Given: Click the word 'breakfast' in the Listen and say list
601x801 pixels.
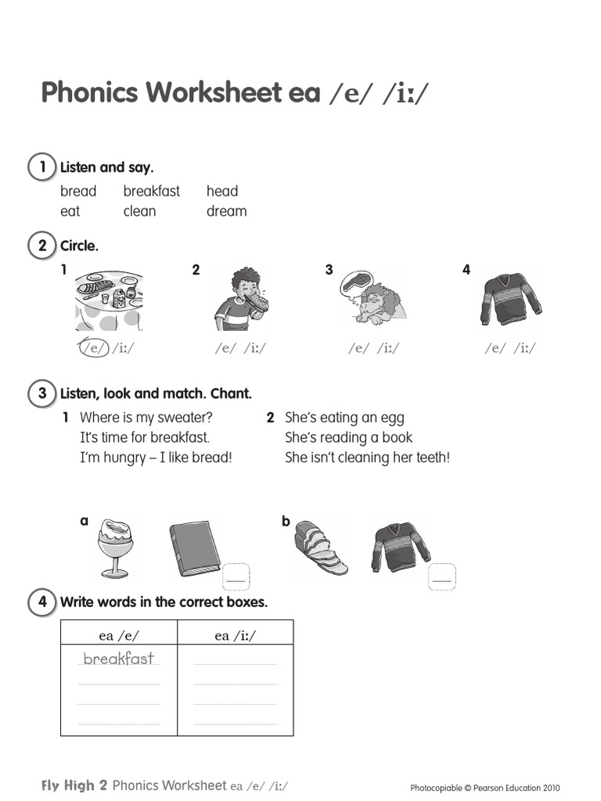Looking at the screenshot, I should click(x=151, y=191).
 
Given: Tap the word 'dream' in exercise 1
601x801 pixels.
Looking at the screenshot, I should click(x=226, y=211).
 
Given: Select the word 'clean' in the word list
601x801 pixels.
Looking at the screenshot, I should click(x=139, y=211).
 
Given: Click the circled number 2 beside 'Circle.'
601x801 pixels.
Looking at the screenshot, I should click(x=41, y=246).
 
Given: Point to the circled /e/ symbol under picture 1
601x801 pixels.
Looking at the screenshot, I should click(x=94, y=348).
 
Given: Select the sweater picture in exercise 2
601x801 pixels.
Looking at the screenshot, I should click(x=510, y=299).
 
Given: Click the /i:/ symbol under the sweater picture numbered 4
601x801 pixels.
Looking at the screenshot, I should click(x=525, y=348).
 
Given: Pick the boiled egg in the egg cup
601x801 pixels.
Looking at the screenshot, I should click(x=115, y=547).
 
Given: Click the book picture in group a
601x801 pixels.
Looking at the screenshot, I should click(x=195, y=548).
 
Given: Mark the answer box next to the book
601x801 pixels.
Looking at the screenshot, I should click(x=236, y=577).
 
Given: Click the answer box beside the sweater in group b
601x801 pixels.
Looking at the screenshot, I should click(x=442, y=577).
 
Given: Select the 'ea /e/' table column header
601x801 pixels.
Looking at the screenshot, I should click(x=119, y=635).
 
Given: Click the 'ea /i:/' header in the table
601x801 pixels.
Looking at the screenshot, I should click(x=235, y=635).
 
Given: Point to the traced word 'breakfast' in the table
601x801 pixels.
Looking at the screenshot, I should click(x=119, y=659).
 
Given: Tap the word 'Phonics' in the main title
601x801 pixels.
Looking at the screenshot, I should click(x=90, y=93).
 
